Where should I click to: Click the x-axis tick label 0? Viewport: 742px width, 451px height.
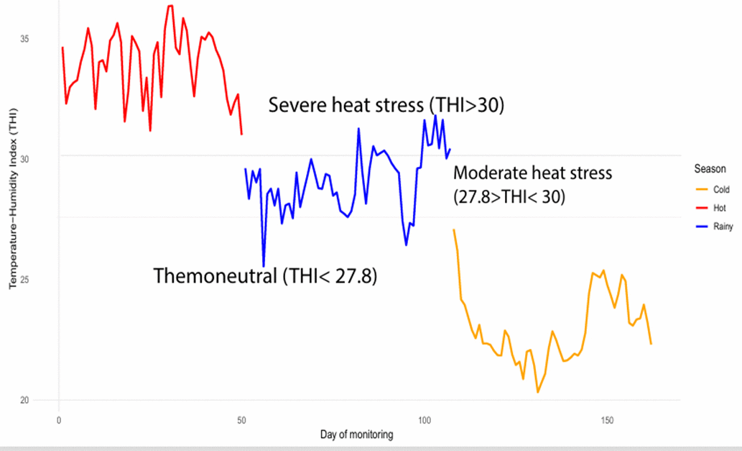58,419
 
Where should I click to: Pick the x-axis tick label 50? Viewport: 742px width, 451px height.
241,419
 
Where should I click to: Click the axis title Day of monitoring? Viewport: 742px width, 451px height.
356,435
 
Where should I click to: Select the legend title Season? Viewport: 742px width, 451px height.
710,169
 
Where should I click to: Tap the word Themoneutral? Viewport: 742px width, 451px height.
215,275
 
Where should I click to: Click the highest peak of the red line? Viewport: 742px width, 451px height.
170,6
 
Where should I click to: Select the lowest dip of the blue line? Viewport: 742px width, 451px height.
264,266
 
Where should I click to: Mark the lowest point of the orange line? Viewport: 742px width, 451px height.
537,392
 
